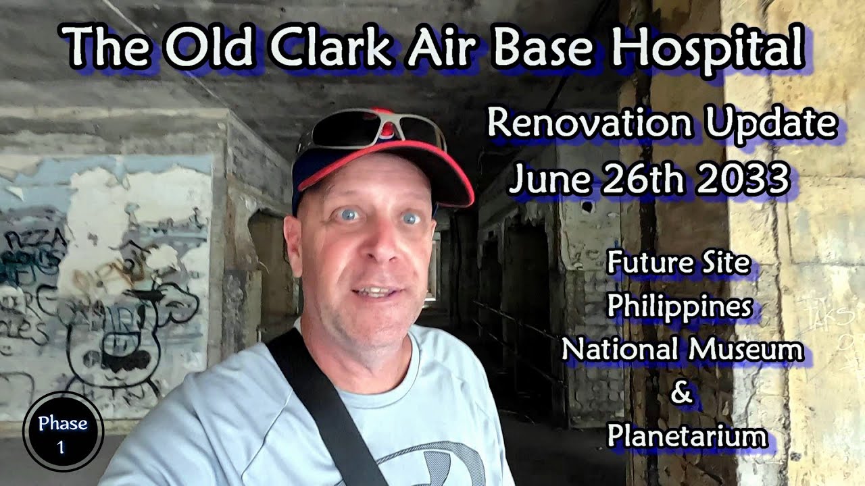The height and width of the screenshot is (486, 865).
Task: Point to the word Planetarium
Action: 687,436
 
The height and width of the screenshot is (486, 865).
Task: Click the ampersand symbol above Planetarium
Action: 681,394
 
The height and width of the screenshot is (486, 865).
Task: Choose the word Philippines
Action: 679,306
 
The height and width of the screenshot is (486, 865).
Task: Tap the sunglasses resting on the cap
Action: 372,128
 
